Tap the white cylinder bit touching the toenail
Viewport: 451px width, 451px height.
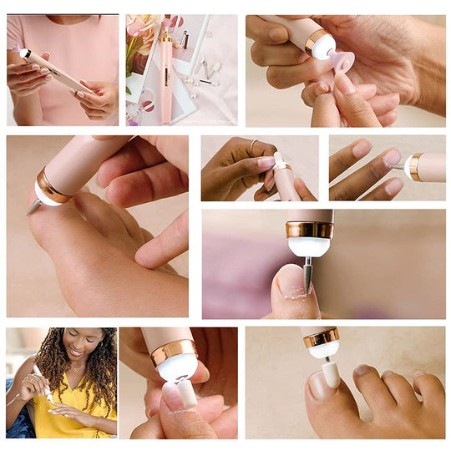[331, 372]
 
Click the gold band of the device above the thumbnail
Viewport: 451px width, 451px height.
[309, 229]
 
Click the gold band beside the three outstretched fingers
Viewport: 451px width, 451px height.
[415, 166]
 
